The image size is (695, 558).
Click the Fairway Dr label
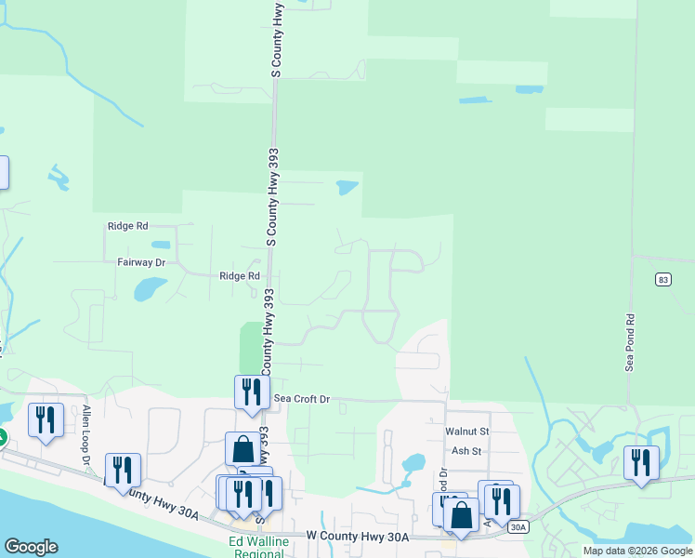(x=141, y=263)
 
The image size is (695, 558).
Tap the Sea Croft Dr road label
(x=302, y=399)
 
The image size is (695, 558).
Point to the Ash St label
(x=466, y=451)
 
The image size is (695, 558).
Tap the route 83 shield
(x=662, y=279)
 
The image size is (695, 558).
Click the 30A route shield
(x=518, y=527)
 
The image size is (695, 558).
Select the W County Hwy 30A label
(x=358, y=537)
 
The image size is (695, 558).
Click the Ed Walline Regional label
(x=256, y=548)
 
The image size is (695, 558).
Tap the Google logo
(x=31, y=547)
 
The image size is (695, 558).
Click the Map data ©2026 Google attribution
(x=636, y=551)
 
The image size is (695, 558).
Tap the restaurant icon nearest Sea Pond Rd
(x=641, y=462)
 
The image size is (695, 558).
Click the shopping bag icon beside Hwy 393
(x=243, y=448)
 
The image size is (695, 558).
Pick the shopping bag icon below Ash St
(x=461, y=515)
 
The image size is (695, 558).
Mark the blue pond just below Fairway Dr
(x=149, y=289)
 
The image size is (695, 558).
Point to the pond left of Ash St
(x=413, y=462)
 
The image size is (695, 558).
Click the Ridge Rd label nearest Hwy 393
(x=239, y=276)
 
